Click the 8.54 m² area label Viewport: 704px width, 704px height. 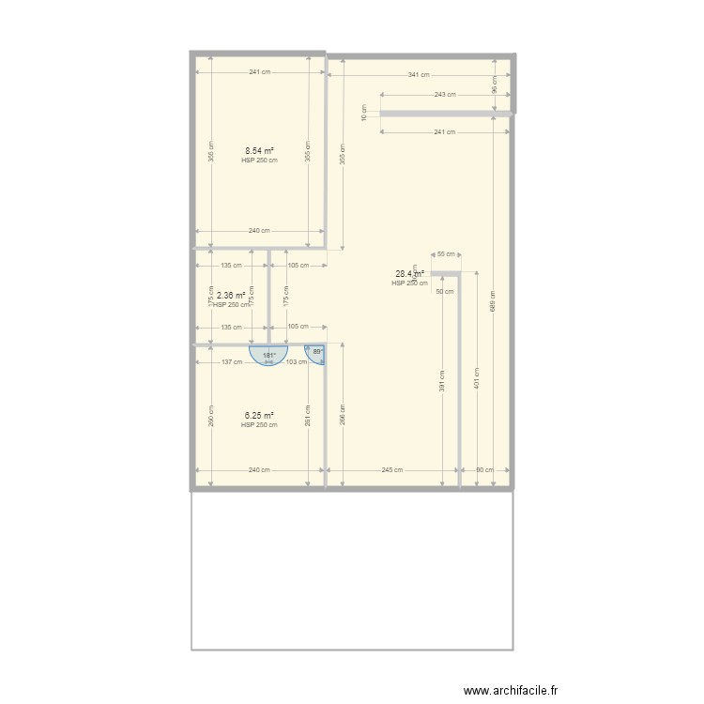pos(259,150)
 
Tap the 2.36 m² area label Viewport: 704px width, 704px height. pos(231,295)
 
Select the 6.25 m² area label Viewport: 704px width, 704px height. pos(259,415)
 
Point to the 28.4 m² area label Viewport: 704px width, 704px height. pos(409,274)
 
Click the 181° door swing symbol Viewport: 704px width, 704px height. pos(269,356)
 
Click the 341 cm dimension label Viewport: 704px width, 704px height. pos(419,75)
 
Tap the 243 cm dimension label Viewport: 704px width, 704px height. pos(445,95)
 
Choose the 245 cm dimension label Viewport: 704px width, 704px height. pos(392,470)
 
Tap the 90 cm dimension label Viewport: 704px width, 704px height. pos(485,470)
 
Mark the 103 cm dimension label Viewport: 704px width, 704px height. pos(297,362)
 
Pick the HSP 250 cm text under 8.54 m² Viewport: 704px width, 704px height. pos(259,161)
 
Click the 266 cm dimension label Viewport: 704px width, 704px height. pos(343,414)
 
